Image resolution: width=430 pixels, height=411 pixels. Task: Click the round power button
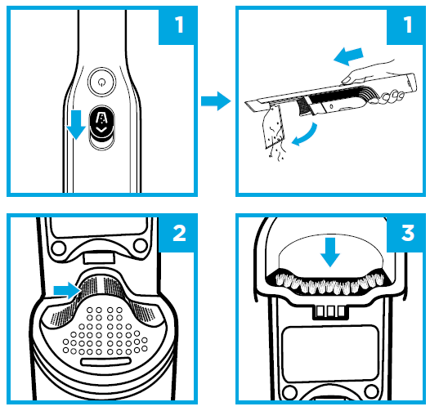point(101,82)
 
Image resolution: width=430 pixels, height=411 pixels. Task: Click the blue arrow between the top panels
point(216,101)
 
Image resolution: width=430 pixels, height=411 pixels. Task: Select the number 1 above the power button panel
point(179,25)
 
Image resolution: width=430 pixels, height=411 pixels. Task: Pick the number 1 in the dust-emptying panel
point(408,25)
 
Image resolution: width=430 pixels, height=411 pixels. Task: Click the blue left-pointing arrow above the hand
point(348,56)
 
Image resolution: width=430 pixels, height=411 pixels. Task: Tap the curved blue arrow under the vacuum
point(305,136)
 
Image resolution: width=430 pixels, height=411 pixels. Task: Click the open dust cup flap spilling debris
point(273,126)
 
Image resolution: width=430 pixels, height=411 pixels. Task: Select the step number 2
point(179,234)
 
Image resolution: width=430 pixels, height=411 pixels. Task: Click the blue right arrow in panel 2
point(66,290)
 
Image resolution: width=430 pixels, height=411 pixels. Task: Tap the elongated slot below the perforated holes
point(105,362)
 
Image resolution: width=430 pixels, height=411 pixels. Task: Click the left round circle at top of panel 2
point(58,248)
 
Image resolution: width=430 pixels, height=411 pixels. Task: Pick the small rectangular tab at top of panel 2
point(99,258)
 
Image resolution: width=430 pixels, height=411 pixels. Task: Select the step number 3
point(408,234)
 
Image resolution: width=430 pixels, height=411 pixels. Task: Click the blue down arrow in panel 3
point(330,252)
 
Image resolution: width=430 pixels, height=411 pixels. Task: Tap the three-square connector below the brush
point(330,312)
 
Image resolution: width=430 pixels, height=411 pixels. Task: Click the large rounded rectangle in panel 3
point(330,355)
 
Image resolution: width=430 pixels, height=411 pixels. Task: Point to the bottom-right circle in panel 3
point(371,392)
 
